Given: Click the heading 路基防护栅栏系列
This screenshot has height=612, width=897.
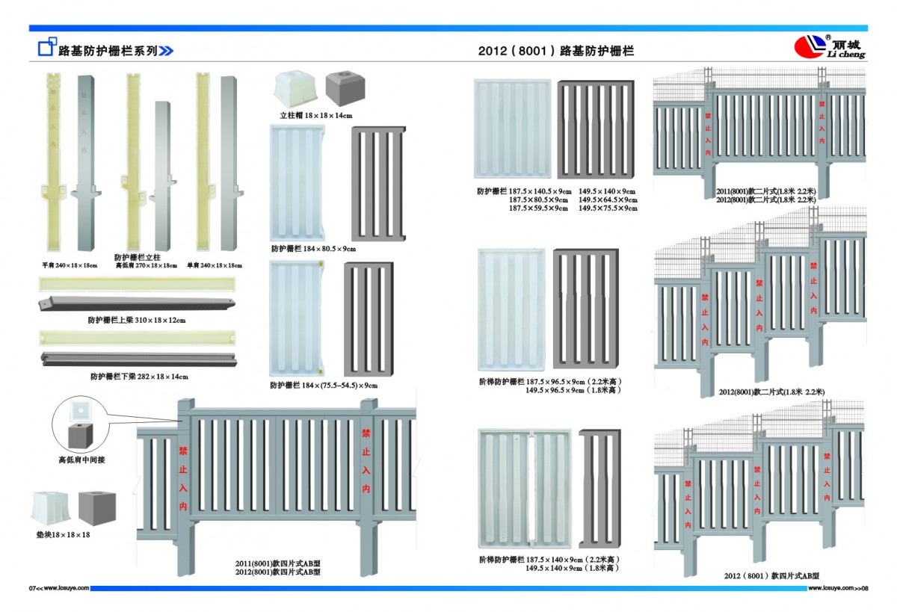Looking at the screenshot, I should [108, 51].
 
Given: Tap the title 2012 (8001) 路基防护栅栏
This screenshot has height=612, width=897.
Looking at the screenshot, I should [555, 52].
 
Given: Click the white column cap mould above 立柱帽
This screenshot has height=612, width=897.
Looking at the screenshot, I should [295, 88].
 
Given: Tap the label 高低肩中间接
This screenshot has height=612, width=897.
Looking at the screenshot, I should [81, 460].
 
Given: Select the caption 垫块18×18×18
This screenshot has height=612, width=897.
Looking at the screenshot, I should [63, 535].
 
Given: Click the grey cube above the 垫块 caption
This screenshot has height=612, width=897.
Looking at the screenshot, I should [97, 508].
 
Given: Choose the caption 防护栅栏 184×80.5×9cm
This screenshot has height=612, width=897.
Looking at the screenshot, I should [313, 248].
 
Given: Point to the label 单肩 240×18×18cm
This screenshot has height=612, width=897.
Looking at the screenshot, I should [215, 265].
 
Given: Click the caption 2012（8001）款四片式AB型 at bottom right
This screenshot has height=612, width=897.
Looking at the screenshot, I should [771, 576].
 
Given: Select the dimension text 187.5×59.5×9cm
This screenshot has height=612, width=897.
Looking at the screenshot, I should [538, 208].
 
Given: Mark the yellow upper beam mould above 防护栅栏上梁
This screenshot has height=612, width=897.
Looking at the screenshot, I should [138, 285].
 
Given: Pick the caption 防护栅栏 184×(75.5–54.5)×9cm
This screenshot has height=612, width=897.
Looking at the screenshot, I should [324, 386].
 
